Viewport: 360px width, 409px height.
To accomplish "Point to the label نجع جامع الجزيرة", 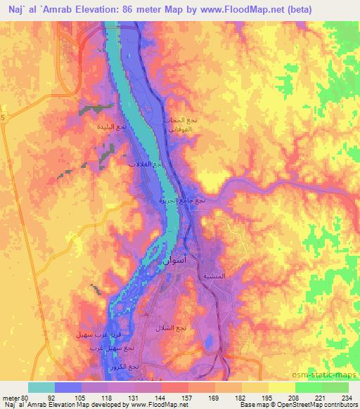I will coord(182,201).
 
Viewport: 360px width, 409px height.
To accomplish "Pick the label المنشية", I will coord(214,276).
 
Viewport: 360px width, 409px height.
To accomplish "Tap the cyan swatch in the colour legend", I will coord(41,387).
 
